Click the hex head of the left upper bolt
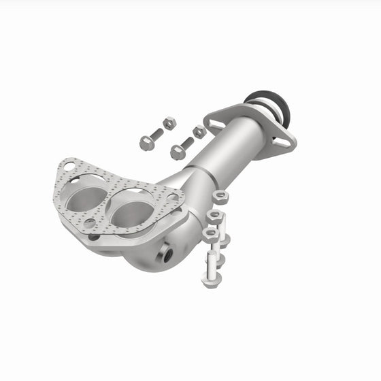pos(146,143)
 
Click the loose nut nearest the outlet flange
pos(199,131)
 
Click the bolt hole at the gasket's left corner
pos(67,167)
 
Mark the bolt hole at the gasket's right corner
pos(173,198)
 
